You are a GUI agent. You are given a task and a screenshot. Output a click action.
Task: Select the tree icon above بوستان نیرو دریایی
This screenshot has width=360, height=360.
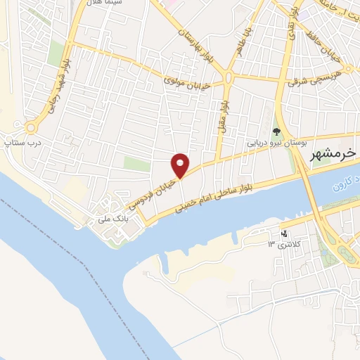coord(276,130)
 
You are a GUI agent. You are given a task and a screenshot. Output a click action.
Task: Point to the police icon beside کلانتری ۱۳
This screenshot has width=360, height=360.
coord(284,233)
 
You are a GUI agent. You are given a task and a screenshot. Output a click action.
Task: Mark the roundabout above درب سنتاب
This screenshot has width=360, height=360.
coord(31,127)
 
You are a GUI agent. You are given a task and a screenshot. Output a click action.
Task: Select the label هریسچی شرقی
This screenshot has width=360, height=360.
coord(314,78)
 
